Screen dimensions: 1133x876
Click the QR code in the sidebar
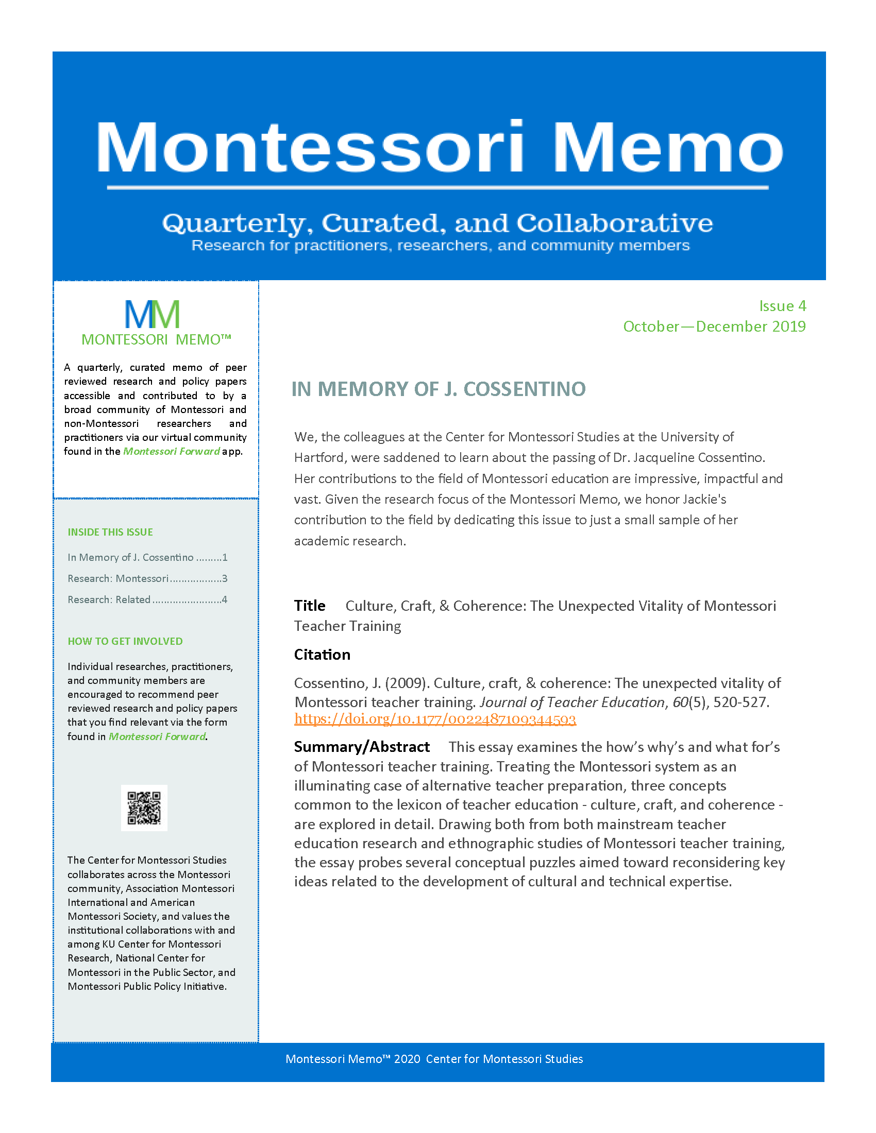(x=144, y=808)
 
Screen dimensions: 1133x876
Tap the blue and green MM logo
(x=152, y=314)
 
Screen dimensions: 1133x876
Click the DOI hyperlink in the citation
(x=435, y=719)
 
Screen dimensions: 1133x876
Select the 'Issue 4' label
(x=782, y=306)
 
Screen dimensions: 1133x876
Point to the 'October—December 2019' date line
(x=714, y=327)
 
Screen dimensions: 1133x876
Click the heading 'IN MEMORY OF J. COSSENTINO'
(x=439, y=389)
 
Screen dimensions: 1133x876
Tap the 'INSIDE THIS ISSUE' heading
(x=110, y=532)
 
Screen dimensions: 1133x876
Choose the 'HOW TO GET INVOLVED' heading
(x=125, y=641)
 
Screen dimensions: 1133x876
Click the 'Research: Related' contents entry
(x=109, y=599)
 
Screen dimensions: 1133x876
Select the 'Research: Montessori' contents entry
(x=118, y=578)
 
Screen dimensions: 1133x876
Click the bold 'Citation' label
(x=322, y=655)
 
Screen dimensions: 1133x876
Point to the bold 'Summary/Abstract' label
(x=362, y=747)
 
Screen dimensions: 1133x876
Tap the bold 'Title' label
(x=310, y=606)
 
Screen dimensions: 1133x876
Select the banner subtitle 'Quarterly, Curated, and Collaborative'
(x=437, y=223)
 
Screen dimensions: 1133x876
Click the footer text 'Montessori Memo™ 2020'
(x=353, y=1059)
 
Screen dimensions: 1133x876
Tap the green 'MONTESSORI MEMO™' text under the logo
(x=156, y=339)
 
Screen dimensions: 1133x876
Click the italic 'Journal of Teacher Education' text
(x=572, y=702)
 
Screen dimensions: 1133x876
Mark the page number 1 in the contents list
(x=225, y=557)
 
